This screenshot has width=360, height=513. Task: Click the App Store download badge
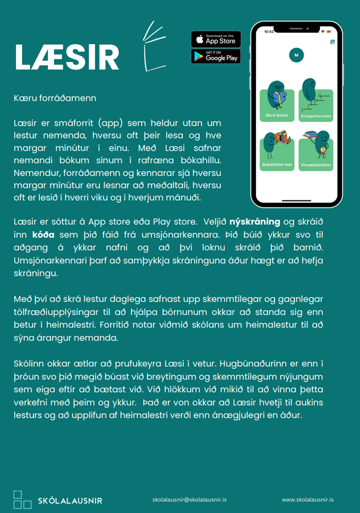(216, 39)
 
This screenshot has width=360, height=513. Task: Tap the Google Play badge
(216, 56)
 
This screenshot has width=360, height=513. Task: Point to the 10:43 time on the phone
(269, 32)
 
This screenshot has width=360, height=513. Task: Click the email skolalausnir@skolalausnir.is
(190, 499)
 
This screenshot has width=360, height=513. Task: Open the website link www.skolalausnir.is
(307, 499)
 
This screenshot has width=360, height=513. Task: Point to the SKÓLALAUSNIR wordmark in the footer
(69, 500)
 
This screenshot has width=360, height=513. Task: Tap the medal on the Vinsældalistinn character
(324, 150)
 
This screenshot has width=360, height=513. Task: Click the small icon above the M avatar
(332, 42)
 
